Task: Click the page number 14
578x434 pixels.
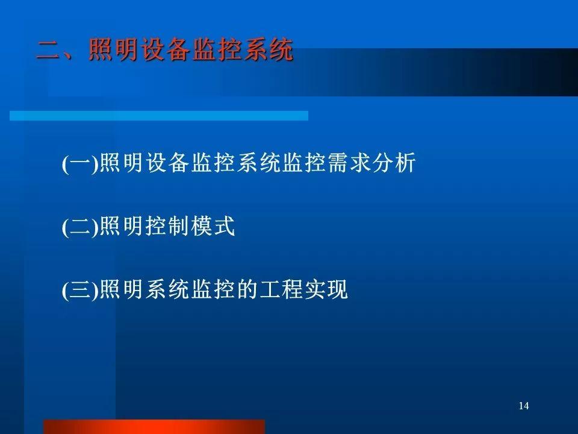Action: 524,406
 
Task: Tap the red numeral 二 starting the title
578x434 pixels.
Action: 48,50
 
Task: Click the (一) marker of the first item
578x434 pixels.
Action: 80,163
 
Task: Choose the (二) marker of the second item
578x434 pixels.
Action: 80,226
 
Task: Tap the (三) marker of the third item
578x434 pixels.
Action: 80,290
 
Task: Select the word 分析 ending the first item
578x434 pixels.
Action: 394,162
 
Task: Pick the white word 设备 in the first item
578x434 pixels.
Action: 167,162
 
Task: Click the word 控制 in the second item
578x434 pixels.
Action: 167,226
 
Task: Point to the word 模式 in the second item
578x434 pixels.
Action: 213,226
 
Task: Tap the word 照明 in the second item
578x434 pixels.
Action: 122,226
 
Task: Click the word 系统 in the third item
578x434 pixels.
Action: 167,289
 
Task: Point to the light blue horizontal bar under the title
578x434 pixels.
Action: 159,116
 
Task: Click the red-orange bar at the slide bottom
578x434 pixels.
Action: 154,427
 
